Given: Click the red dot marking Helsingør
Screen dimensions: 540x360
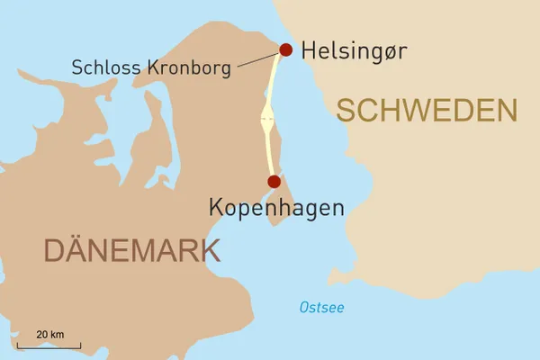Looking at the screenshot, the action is click(286, 49).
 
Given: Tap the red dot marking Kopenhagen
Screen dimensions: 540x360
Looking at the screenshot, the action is click(273, 182).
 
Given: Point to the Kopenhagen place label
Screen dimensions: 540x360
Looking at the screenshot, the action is click(276, 208).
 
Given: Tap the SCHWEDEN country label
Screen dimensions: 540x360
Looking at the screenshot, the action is click(427, 112).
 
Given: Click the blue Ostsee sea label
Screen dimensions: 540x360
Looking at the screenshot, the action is click(321, 309).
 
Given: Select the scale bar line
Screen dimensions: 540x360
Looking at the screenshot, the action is click(49, 346).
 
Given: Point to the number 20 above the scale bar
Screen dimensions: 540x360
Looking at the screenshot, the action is click(41, 335).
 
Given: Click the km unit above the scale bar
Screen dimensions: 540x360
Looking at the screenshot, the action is click(57, 335).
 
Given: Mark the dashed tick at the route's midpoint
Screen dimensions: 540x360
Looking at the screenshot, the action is click(267, 118).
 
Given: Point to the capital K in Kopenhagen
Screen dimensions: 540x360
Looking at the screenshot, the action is click(216, 208).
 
